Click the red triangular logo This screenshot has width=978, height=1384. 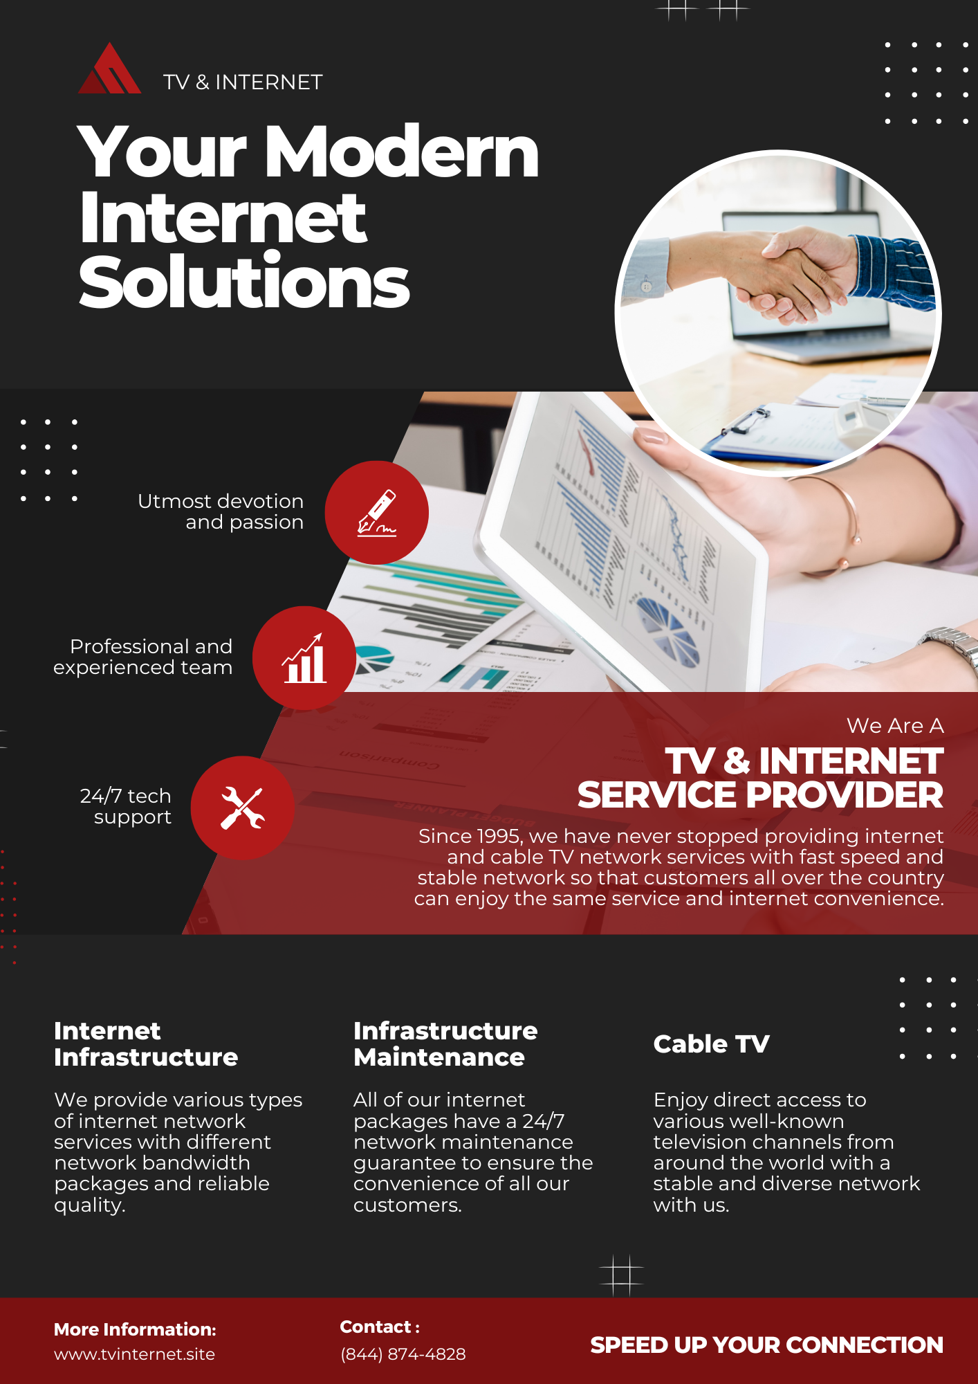(x=109, y=69)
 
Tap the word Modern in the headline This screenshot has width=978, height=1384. (x=401, y=152)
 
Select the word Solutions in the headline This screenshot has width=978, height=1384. (x=244, y=282)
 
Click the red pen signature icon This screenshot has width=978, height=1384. (x=376, y=513)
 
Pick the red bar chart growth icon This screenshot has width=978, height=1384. (x=304, y=658)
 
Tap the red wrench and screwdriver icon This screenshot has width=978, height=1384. (x=243, y=808)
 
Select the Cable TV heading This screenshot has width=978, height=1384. (x=711, y=1044)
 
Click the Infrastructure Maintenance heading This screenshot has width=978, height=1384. (x=445, y=1044)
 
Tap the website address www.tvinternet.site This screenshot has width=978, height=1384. (x=134, y=1354)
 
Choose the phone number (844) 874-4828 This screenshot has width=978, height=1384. (x=403, y=1354)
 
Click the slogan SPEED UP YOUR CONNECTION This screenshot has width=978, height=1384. (x=766, y=1345)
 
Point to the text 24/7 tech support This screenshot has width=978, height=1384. (x=126, y=806)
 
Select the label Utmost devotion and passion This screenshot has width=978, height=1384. (x=221, y=511)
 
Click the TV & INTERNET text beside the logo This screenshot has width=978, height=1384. (x=243, y=82)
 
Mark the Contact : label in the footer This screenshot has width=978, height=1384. (x=380, y=1327)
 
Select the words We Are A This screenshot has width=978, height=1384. (x=895, y=725)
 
